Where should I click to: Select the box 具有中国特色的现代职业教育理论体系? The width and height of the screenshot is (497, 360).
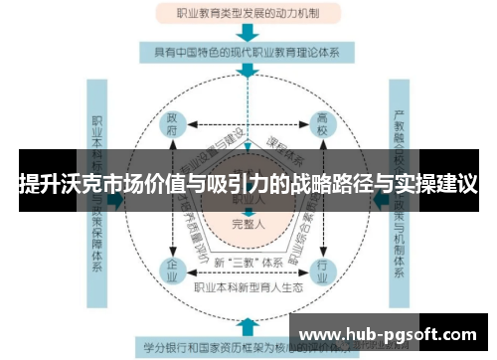pyautogui.click(x=247, y=50)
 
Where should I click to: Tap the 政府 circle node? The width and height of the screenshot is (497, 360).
pyautogui.click(x=171, y=124)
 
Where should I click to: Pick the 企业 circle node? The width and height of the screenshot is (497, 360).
pyautogui.click(x=170, y=269)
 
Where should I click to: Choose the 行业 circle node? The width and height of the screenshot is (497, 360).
pyautogui.click(x=321, y=269)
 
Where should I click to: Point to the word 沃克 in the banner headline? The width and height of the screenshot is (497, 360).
pyautogui.click(x=79, y=184)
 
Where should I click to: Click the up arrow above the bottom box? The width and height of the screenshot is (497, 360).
pyautogui.click(x=248, y=323)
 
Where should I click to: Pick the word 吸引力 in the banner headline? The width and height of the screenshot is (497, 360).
pyautogui.click(x=226, y=184)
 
